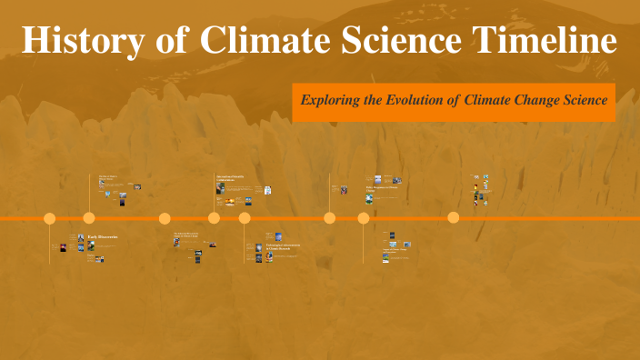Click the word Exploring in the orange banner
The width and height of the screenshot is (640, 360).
333,100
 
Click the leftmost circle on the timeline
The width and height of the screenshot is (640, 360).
50,218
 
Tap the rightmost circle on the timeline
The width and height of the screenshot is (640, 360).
454,218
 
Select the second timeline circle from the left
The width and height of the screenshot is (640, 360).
89,218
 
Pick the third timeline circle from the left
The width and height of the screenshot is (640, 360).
165,218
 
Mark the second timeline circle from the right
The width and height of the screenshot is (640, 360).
364,218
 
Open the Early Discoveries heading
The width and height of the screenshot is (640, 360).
103,237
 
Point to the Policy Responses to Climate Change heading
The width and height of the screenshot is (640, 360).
382,187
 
